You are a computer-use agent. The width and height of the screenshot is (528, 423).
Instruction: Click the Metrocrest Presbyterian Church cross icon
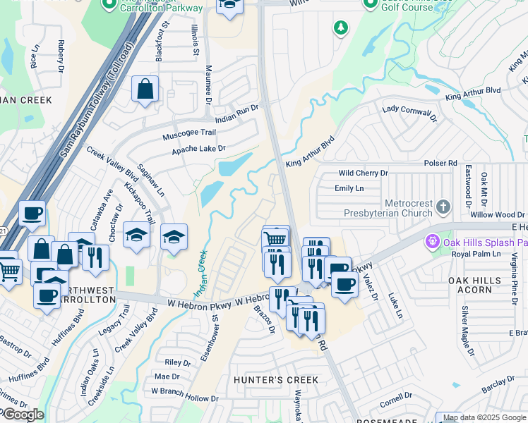pyautogui.click(x=443, y=207)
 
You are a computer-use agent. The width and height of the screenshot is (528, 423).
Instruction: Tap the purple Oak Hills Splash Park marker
pyautogui.click(x=433, y=242)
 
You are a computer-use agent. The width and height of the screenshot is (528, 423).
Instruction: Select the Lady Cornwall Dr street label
pyautogui.click(x=407, y=111)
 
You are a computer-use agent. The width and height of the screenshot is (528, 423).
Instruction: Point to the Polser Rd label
pyautogui.click(x=440, y=163)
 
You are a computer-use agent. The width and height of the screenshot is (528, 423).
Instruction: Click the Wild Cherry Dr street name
pyautogui.click(x=364, y=173)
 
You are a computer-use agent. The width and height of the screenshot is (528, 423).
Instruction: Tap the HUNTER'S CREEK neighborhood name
pyautogui.click(x=276, y=380)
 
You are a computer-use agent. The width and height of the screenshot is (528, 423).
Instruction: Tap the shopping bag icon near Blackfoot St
pyautogui.click(x=145, y=89)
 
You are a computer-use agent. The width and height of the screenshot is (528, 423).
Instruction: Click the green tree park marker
pyautogui.click(x=341, y=27)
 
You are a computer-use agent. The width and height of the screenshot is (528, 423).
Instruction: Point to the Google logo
pyautogui.click(x=23, y=415)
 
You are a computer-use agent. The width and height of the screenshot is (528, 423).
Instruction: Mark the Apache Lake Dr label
pyautogui.click(x=198, y=149)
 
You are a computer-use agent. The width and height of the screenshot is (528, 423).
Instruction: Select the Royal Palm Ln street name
pyautogui.click(x=471, y=255)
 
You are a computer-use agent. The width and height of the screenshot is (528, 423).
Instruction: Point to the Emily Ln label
pyautogui.click(x=349, y=188)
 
